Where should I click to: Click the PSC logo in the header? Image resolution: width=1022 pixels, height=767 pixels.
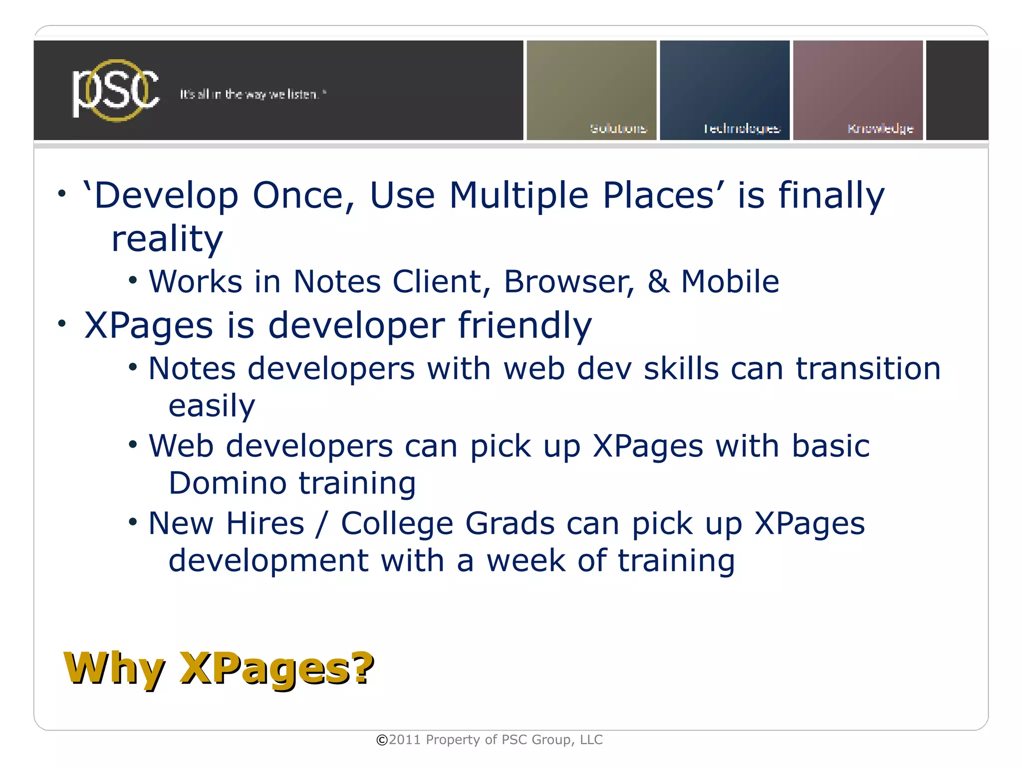pos(116,90)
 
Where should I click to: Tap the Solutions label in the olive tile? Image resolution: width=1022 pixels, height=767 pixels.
pos(618,129)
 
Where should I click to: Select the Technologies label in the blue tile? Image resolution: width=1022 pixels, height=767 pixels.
pos(742,129)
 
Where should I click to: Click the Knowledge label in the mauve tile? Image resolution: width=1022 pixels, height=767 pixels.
pos(880,129)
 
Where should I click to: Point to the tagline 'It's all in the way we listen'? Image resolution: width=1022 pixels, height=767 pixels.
pos(253,94)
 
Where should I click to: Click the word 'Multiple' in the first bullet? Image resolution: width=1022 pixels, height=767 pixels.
pos(519,195)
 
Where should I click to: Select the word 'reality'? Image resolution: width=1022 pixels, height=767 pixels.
pos(167,239)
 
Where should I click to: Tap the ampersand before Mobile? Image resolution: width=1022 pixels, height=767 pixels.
pos(658,281)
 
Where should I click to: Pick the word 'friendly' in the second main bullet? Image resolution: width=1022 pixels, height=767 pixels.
pos(524,326)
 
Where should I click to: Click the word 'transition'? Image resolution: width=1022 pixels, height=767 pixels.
pos(868,369)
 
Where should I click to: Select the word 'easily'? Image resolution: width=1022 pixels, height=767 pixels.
pos(212,406)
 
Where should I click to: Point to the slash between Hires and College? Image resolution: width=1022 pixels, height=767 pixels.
pos(322,524)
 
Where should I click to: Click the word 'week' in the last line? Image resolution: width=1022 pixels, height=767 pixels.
pos(526,561)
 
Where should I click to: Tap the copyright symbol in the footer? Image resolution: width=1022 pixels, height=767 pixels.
pos(382,740)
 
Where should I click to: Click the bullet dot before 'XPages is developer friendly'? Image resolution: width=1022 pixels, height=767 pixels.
pos(61,324)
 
